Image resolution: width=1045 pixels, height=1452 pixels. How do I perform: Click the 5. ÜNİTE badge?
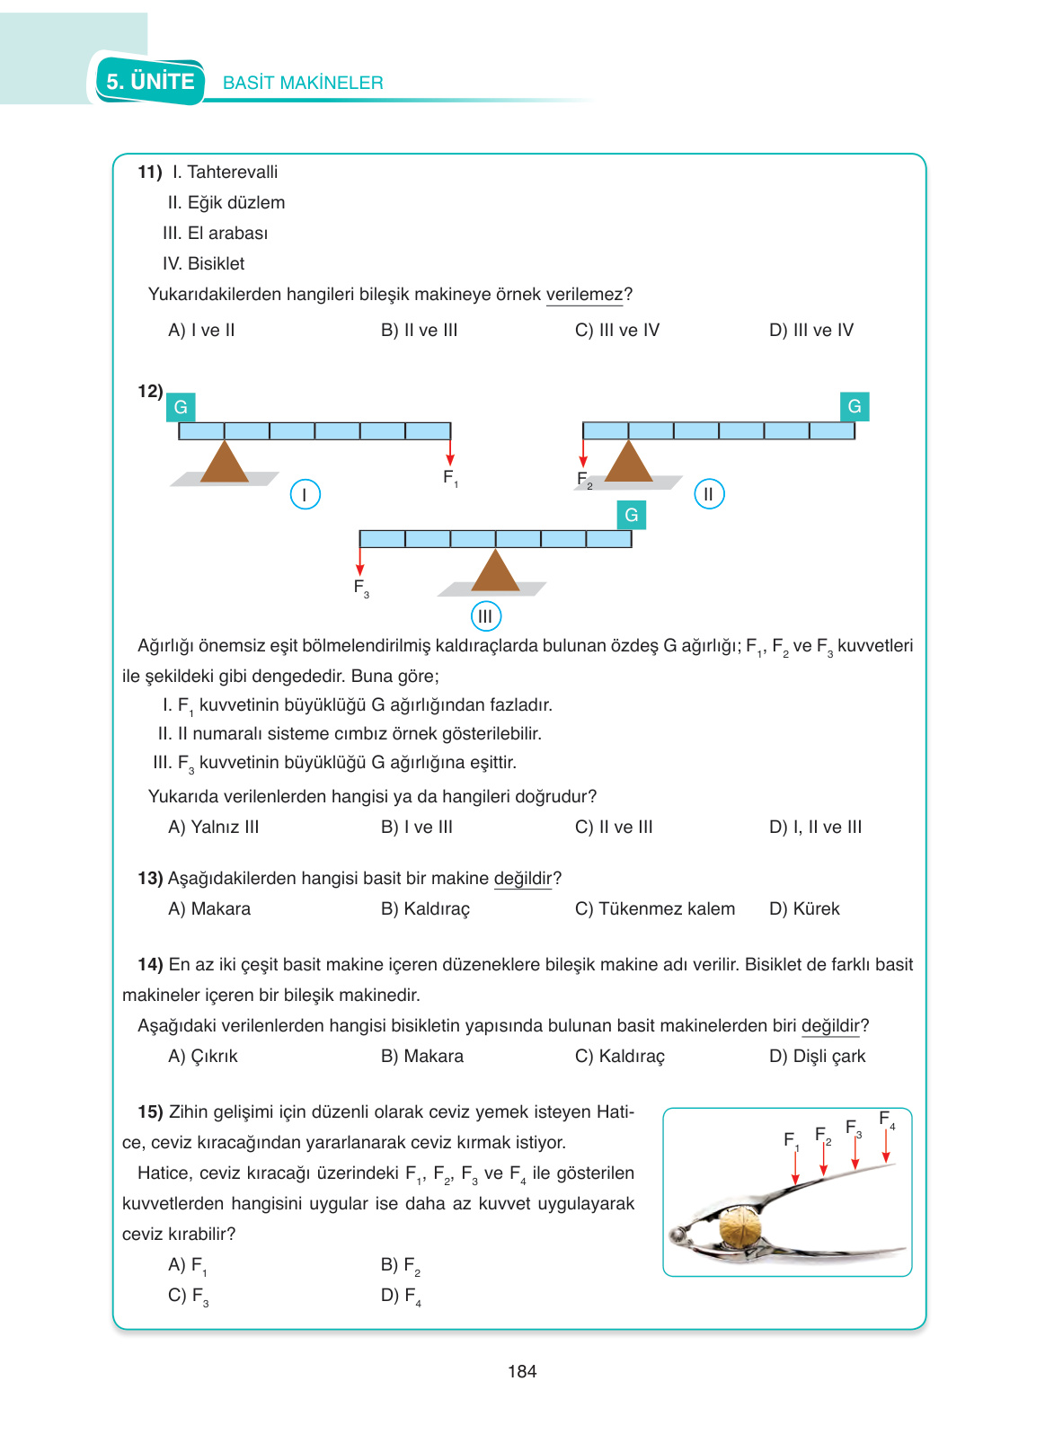150,82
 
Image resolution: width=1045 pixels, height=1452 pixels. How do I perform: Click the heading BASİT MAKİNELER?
303,83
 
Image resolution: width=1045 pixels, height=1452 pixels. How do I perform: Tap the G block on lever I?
181,407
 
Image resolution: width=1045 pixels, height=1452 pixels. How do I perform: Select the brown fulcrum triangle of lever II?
628,462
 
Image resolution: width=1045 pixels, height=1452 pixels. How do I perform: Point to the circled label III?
485,616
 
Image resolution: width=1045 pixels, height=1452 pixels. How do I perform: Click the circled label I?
306,494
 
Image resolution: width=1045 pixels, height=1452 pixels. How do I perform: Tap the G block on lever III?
632,515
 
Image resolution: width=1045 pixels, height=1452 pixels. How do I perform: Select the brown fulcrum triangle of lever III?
495,571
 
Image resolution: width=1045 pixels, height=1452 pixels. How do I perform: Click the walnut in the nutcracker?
740,1228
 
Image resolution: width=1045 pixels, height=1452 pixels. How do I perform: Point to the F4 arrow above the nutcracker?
886,1146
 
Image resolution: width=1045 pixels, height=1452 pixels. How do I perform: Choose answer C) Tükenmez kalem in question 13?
654,908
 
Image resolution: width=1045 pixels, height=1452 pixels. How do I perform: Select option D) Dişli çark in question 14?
817,1056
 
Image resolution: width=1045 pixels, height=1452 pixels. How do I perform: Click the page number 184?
522,1371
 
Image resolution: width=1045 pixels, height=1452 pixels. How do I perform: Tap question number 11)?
149,172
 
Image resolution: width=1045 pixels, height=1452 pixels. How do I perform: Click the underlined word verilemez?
584,295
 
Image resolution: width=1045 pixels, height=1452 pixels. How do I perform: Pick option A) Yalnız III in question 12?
213,827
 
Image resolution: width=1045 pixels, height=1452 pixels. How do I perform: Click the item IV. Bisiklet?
203,263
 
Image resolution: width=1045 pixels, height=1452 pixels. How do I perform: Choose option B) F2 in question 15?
401,1265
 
